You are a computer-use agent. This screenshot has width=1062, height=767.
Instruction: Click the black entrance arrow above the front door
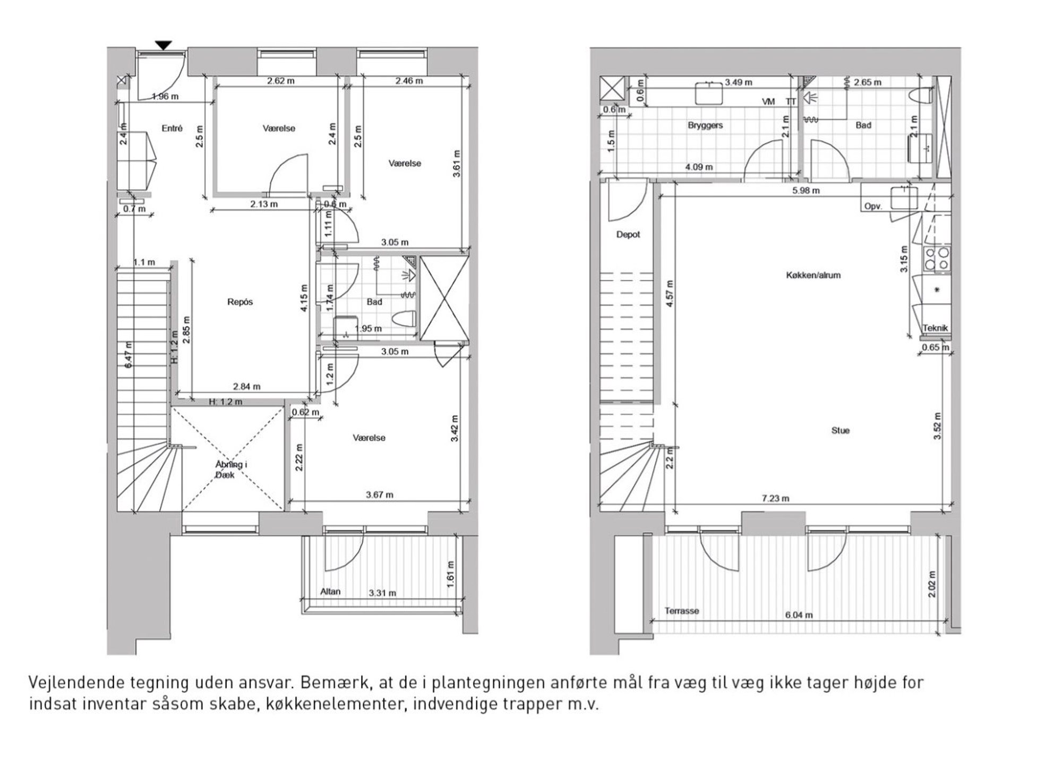coord(164,46)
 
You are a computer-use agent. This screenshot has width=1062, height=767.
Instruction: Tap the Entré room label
coord(172,128)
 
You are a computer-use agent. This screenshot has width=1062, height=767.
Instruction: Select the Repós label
coord(240,302)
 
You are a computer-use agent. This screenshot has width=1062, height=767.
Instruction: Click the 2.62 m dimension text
coord(280,81)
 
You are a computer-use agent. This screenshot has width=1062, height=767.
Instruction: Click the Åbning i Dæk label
coord(231,470)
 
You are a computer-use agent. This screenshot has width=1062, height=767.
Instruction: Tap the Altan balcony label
coord(330,591)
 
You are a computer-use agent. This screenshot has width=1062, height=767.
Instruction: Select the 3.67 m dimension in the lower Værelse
coord(380,495)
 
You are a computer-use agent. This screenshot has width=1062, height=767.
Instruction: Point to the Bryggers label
coord(705,125)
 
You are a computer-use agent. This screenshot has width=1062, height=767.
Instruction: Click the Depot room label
coord(628,234)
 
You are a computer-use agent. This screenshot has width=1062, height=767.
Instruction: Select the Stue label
coord(840,430)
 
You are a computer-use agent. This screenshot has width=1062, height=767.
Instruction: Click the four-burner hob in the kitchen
coord(937,259)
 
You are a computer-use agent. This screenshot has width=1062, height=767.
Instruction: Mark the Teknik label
coord(935,328)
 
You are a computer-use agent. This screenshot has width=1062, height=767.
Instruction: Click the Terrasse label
coord(682,611)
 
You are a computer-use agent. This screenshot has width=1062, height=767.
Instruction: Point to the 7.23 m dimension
coord(775,498)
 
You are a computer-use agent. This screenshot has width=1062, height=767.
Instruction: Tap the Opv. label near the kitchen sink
coord(873,206)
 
